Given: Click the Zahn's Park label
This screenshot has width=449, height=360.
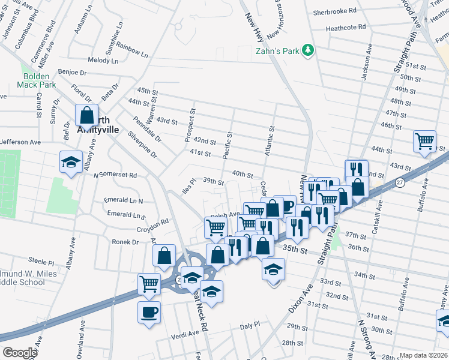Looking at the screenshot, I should pos(277,51).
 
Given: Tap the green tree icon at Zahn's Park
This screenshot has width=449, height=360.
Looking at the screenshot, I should pos(309,49).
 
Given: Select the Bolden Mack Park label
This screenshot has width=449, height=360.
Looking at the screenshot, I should pos(40,80).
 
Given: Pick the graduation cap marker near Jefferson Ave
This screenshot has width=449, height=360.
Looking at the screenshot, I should pos(71,162).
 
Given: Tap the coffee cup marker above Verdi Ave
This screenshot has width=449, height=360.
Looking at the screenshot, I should pos(149,311).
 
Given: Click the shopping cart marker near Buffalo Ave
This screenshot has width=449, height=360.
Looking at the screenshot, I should pos(424,141).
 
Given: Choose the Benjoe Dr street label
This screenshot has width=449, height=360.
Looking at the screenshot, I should pos(73,72).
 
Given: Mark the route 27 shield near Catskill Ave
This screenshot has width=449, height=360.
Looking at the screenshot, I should pos(400,182).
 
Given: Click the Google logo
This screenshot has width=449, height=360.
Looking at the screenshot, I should pos(20,353).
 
